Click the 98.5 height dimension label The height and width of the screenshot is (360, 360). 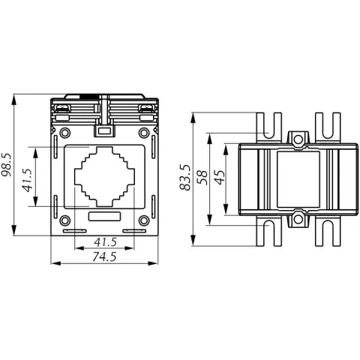tap(7, 165)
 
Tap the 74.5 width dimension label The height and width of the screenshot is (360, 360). tap(104, 256)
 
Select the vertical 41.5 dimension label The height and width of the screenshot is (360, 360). tap(28, 180)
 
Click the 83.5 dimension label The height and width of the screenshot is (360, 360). tap(185, 178)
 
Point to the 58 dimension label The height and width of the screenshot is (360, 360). tap(202, 178)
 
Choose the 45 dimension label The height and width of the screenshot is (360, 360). tap(220, 178)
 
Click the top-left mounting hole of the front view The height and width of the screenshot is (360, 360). tap(65, 133)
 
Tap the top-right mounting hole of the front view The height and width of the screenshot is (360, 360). tap(144, 133)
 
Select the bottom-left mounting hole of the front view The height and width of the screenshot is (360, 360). tap(65, 220)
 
